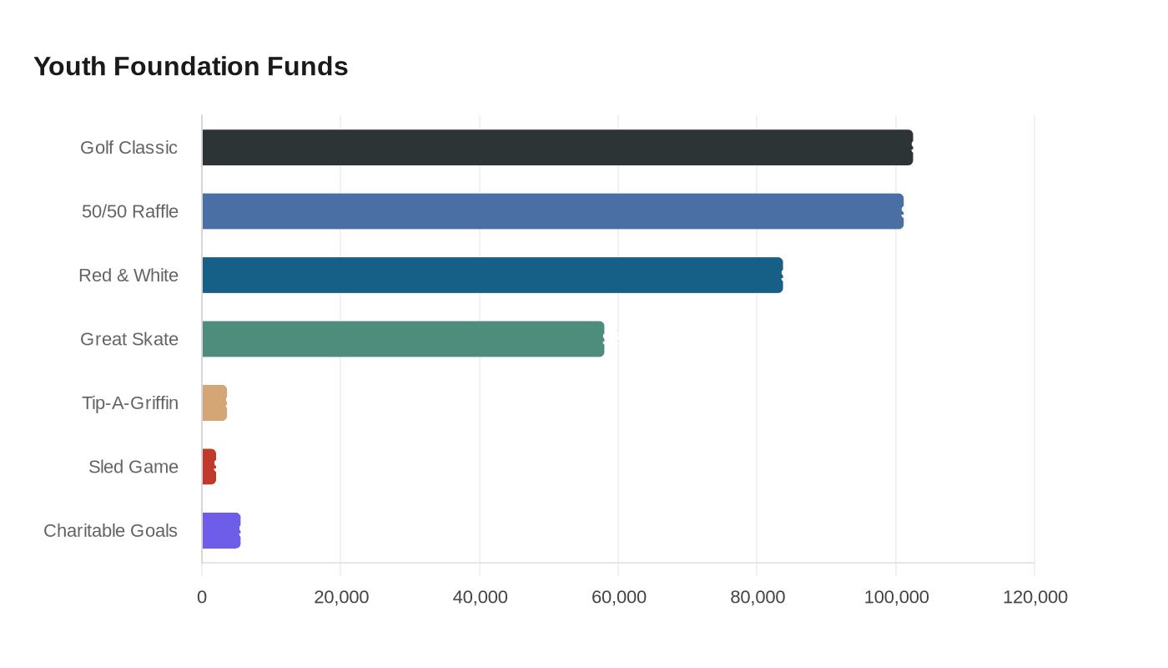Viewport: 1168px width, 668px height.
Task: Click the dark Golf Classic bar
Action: coord(557,148)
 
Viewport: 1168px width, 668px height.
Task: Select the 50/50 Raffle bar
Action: coord(552,211)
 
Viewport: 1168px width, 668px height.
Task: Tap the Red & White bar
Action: coord(493,275)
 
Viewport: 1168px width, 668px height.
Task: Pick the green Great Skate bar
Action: coord(403,339)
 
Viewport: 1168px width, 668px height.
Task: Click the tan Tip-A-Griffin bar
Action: coord(214,402)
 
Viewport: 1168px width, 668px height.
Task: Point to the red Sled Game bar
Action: coord(209,467)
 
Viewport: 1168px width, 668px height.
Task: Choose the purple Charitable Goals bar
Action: coord(221,531)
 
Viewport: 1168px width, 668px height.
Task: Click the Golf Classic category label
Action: coord(128,148)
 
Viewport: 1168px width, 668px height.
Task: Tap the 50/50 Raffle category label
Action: coord(130,211)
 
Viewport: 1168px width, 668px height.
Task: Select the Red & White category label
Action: coord(128,275)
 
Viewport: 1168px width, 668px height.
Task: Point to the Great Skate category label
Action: coord(129,339)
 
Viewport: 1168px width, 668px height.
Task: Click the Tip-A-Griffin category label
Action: coord(130,402)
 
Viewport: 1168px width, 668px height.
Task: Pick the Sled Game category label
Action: coord(133,467)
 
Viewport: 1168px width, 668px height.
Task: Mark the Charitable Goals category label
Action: coord(110,531)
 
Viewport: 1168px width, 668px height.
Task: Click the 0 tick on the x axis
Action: coord(202,597)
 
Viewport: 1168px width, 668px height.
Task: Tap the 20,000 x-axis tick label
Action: coord(341,597)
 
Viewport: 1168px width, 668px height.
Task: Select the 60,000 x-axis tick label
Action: coord(618,597)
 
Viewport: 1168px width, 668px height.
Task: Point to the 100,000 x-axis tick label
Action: coord(896,597)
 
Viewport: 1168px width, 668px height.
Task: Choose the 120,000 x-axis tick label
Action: coord(1035,597)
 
